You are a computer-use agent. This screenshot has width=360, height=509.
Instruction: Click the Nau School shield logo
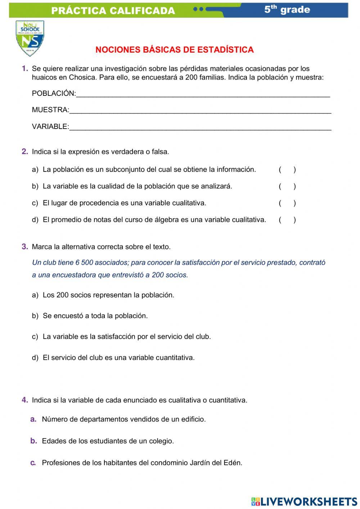pos(30,38)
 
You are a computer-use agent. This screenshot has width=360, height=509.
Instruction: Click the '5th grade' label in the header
pos(287,10)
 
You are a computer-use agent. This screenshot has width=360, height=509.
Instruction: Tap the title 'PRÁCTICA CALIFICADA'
pos(113,11)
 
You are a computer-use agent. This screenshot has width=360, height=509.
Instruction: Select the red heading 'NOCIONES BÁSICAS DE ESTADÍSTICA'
pos(175,50)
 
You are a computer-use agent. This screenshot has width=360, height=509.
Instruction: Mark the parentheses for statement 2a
pos(287,170)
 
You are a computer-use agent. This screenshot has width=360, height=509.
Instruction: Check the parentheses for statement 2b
pos(287,186)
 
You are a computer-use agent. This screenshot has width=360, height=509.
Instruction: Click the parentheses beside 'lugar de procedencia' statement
pos(287,203)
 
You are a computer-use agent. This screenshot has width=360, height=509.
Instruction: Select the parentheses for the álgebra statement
pos(287,220)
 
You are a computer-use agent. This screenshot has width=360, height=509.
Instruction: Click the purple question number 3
pos(25,247)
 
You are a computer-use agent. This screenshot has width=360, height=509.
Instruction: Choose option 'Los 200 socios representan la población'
pos(108,295)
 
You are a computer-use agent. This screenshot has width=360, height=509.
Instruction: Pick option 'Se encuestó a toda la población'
pos(95,316)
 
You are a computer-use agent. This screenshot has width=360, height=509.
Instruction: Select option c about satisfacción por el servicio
pos(126,337)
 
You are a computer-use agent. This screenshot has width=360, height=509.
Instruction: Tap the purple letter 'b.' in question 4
pos(33,441)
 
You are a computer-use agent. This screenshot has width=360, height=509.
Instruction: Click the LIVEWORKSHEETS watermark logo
pos(304,501)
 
